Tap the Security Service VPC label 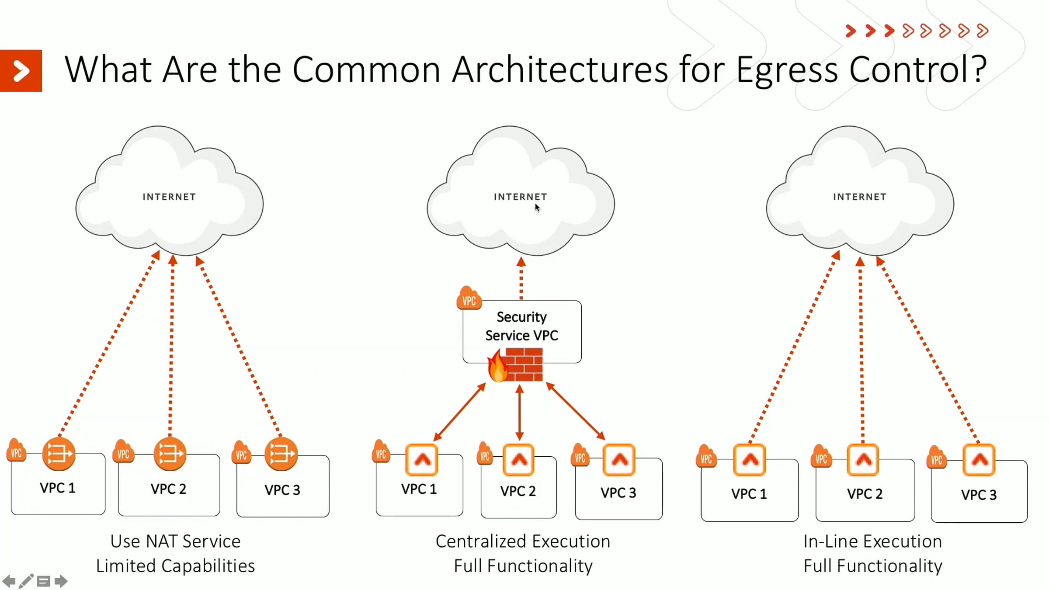coord(521,326)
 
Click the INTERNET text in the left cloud coord(169,197)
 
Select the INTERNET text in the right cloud coord(859,197)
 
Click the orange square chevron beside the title coord(21,71)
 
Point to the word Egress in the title coord(786,70)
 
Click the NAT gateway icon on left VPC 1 coord(59,454)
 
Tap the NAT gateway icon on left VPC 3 coord(281,454)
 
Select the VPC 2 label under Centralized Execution coord(518,491)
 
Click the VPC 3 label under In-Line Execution coord(979,495)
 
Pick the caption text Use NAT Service coord(175,541)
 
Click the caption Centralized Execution coord(523,541)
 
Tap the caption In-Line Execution coord(872,541)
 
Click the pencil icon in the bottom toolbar coord(26,581)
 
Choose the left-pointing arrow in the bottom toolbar coord(9,581)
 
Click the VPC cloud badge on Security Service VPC coord(469,299)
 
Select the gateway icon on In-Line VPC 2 coord(863,460)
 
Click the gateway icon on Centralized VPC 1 coord(422,460)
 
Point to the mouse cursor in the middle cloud coord(537,208)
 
